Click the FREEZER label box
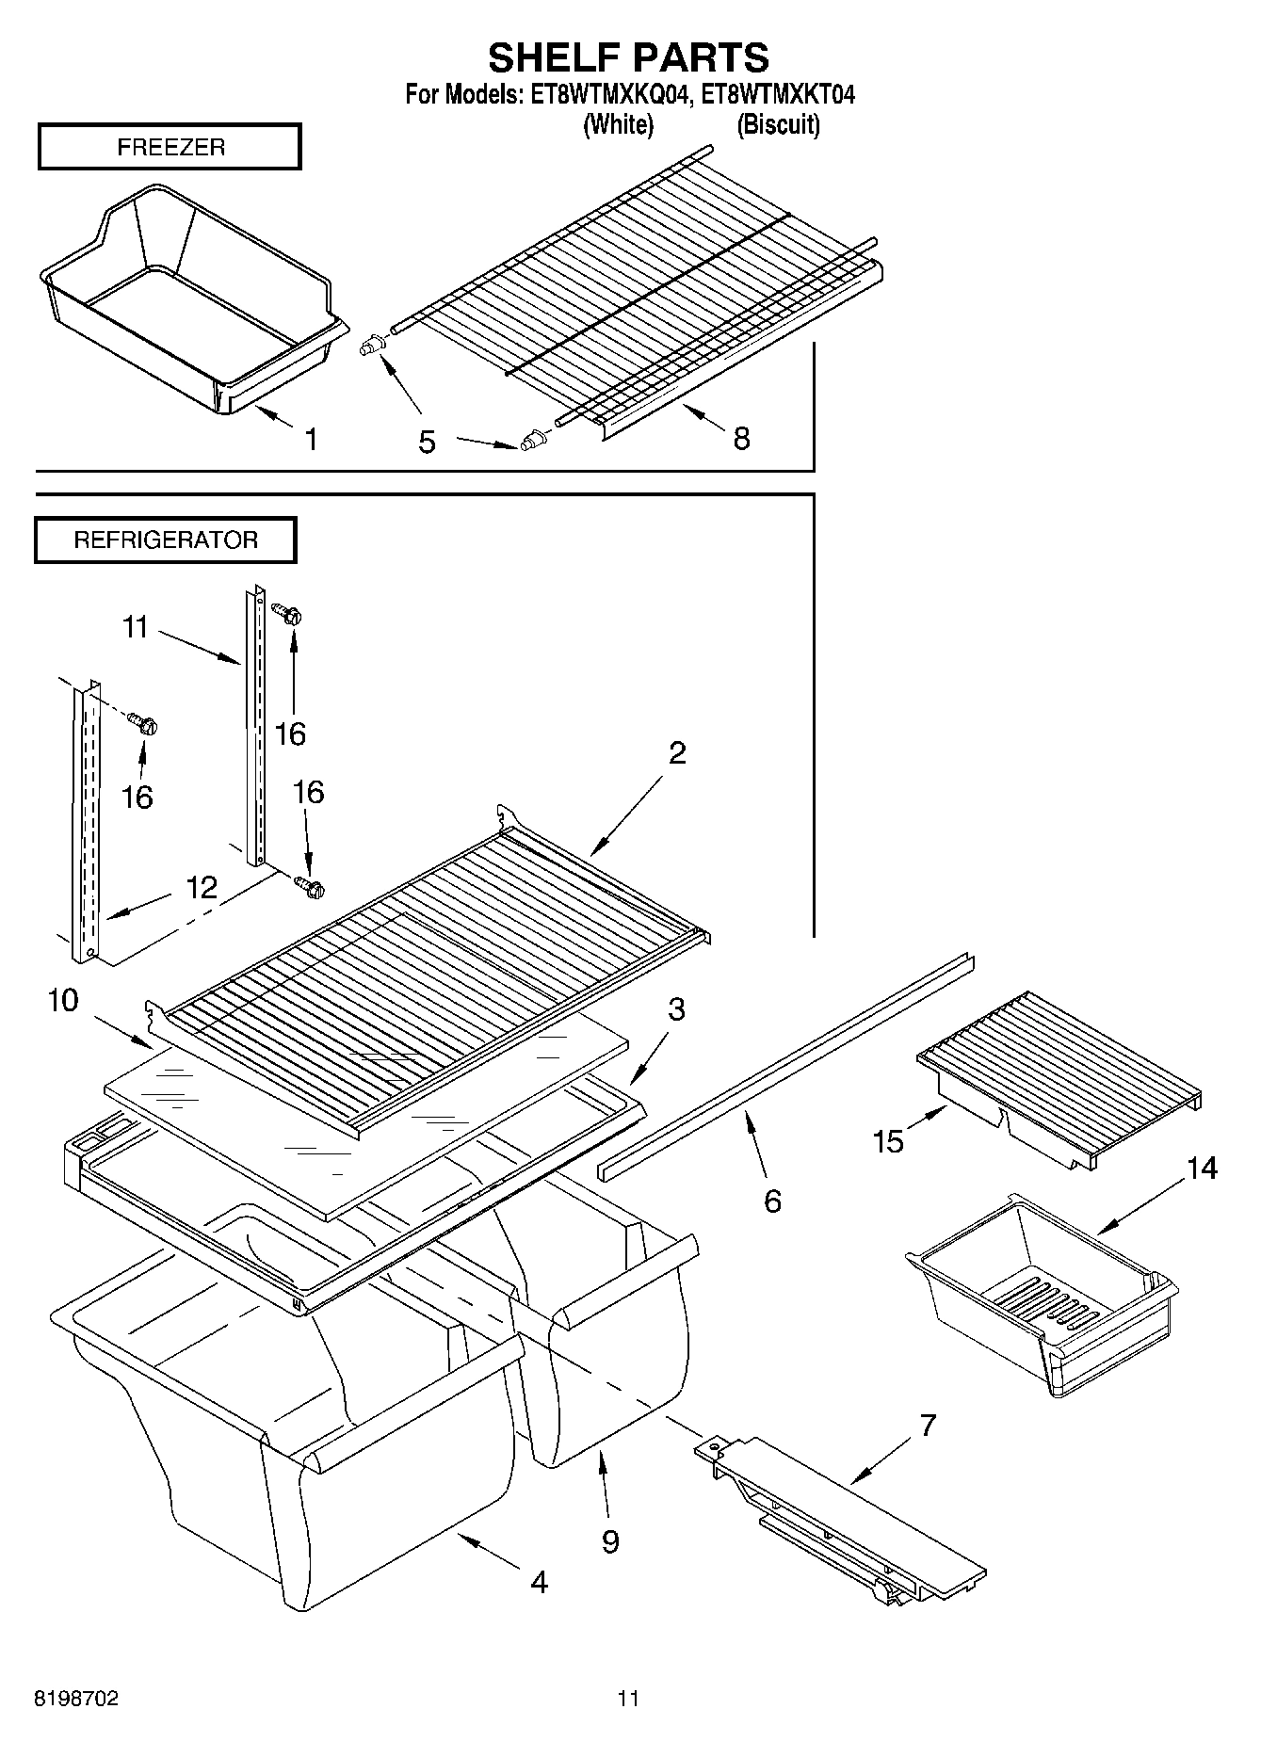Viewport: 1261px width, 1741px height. coord(170,147)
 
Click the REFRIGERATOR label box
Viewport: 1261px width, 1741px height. coord(166,540)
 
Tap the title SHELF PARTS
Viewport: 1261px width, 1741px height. coord(628,57)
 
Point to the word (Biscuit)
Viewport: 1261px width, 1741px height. coord(778,124)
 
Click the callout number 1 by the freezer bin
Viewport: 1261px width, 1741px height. coord(310,439)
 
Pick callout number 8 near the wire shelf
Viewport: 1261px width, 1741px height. coord(741,438)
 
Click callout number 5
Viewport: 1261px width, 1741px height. coord(427,442)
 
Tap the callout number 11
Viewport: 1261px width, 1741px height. coord(136,627)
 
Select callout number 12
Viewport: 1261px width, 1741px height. coord(202,887)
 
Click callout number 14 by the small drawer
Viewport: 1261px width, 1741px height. coord(1202,1169)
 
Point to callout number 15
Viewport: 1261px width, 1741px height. coord(888,1141)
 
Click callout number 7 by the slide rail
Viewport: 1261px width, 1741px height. coord(928,1426)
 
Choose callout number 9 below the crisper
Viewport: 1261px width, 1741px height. coord(610,1541)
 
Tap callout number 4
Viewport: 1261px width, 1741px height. coord(539,1582)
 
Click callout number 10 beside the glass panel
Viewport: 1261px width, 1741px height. coord(63,1000)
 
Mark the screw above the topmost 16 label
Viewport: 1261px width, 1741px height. coord(286,614)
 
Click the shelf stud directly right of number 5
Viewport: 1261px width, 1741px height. coord(532,440)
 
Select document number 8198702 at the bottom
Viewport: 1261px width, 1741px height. coord(76,1699)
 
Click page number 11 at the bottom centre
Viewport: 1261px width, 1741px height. coord(628,1699)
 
